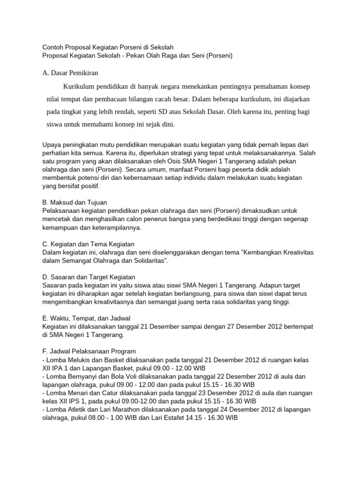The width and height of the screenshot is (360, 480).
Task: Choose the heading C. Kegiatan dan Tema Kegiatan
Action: pyautogui.click(x=88, y=244)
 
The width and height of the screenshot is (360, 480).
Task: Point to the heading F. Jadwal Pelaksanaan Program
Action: pyautogui.click(x=89, y=351)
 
